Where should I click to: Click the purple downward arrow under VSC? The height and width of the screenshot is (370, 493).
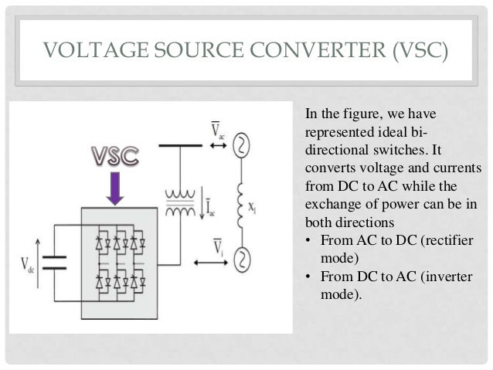[x=114, y=188]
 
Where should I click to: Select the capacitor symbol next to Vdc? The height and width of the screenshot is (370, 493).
[x=53, y=262]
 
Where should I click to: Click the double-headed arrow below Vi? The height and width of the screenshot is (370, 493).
[x=213, y=263]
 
